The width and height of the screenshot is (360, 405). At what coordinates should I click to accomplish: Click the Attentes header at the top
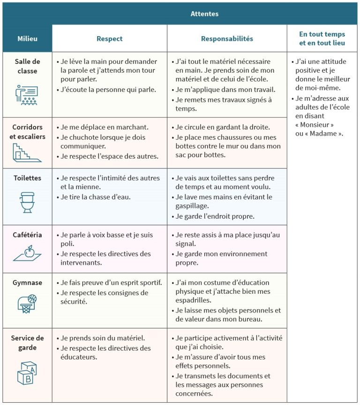click(x=204, y=14)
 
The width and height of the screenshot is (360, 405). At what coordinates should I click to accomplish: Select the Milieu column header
click(x=27, y=38)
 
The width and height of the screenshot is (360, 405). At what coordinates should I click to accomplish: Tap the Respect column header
click(x=109, y=38)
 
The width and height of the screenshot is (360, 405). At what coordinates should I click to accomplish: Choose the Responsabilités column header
click(x=227, y=38)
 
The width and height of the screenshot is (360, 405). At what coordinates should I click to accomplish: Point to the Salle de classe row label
click(x=27, y=66)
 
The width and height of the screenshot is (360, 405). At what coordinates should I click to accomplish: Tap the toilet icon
click(x=27, y=202)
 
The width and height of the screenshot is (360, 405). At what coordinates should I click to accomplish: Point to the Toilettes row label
click(x=27, y=178)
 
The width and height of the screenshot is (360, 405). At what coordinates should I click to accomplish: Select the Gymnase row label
click(x=27, y=283)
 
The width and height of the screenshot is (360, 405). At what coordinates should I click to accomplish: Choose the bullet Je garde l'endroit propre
click(x=214, y=216)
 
